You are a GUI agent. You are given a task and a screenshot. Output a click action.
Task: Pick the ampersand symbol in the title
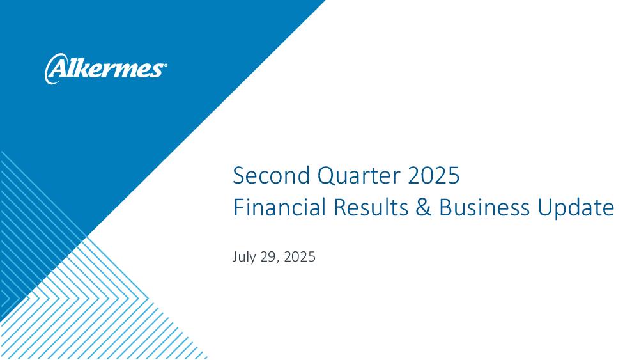pos(424,207)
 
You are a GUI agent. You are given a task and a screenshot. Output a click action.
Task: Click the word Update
pos(576,208)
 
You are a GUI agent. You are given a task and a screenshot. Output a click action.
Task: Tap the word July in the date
pos(245,257)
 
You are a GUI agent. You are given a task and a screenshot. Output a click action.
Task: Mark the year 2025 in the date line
pos(300,257)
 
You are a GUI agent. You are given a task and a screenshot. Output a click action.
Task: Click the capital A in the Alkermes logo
pos(56,68)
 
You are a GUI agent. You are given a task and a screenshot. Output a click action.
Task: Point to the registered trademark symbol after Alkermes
pos(164,65)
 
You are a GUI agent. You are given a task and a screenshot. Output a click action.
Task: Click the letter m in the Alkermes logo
pos(128,70)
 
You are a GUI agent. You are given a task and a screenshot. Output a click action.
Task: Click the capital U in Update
pos(545,207)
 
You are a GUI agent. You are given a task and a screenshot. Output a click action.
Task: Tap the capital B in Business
pos(445,207)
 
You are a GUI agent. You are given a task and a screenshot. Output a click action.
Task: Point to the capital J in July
pos(235,257)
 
